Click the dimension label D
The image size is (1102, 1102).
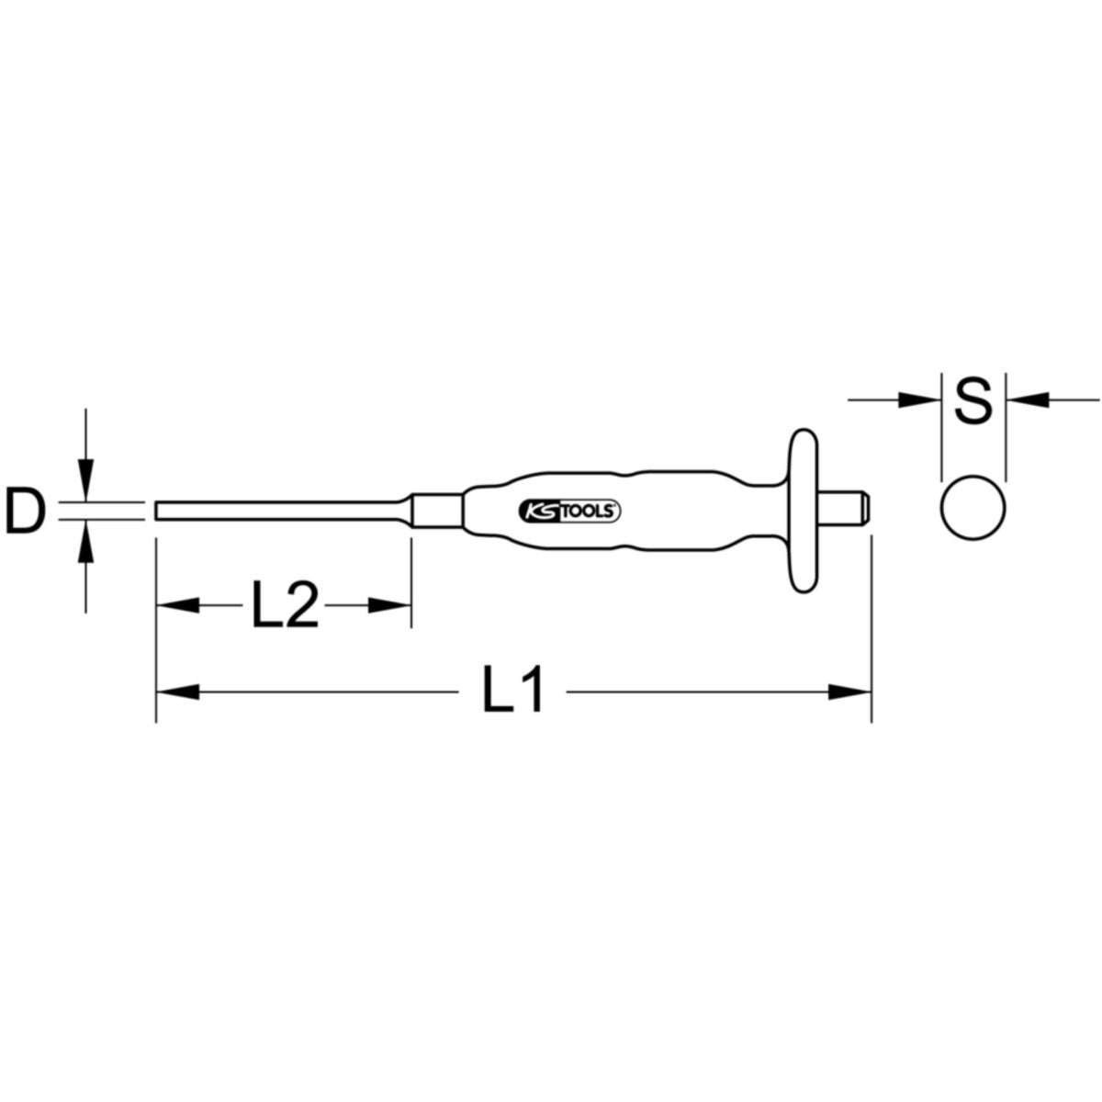click(x=26, y=512)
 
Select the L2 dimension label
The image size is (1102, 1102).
click(x=284, y=605)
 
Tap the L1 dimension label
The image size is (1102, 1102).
click(x=514, y=692)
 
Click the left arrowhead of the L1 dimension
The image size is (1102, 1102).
click(x=175, y=692)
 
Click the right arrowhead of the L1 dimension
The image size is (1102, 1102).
click(x=849, y=692)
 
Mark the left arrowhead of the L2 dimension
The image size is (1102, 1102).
click(x=176, y=605)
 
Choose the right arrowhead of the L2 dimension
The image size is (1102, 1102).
click(x=389, y=605)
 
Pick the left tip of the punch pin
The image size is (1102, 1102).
click(x=159, y=511)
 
